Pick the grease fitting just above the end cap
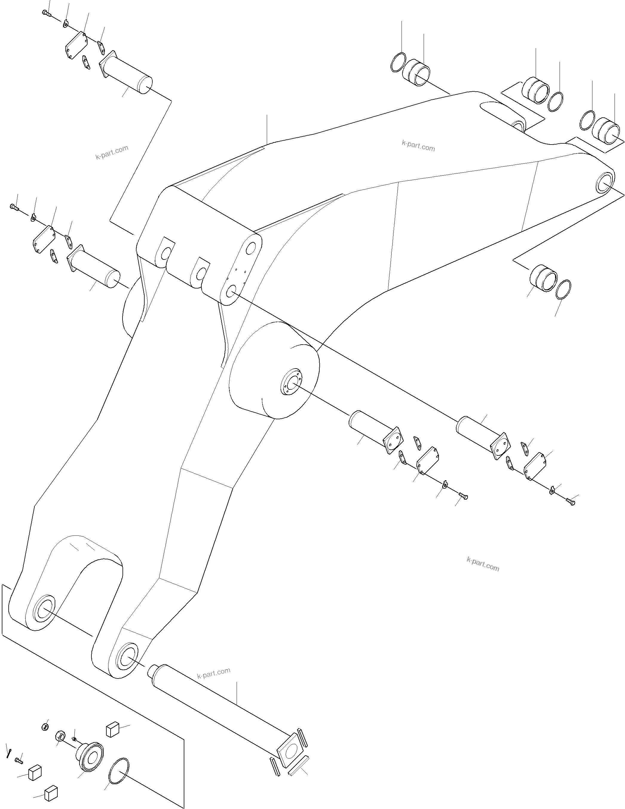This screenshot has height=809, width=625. point(74,739)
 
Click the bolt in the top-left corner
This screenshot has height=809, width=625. point(46,13)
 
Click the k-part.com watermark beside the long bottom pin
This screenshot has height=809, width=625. point(214,672)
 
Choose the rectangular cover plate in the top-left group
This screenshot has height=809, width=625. point(76,45)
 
